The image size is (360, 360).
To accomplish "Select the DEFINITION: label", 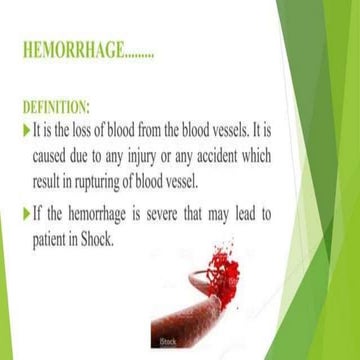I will tap(55, 104).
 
